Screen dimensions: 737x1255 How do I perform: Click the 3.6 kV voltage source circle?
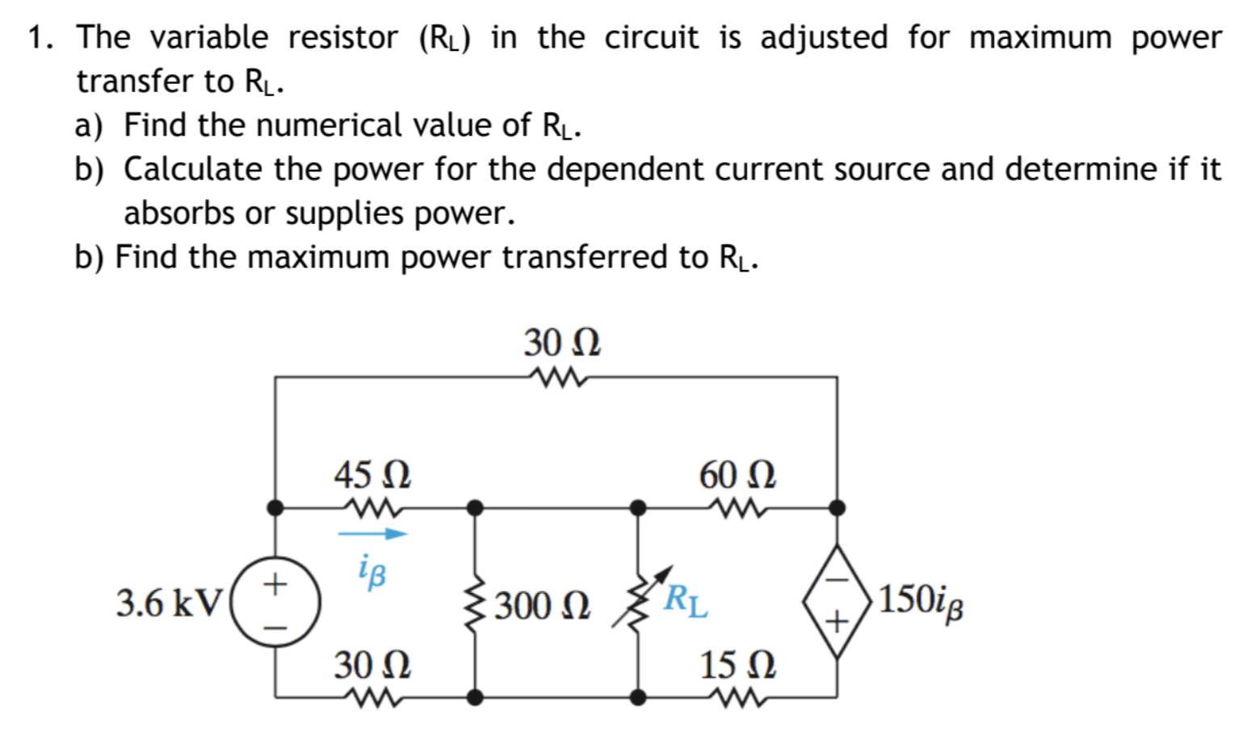pos(276,604)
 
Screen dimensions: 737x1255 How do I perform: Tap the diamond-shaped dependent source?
pos(837,602)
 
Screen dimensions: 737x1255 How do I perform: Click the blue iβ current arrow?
pos(372,533)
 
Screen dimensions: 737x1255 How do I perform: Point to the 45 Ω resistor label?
pos(372,475)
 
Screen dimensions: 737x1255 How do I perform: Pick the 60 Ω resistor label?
pos(737,475)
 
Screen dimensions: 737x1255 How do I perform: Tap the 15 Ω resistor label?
pos(737,665)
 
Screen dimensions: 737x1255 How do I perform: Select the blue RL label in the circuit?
pos(686,600)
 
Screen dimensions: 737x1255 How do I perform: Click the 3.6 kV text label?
pos(168,603)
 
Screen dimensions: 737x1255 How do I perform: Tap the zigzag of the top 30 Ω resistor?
pos(557,377)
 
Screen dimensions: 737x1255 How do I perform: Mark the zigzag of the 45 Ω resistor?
pos(372,508)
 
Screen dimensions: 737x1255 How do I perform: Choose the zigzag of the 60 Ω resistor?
pos(737,508)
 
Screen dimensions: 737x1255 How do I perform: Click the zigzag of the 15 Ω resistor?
pos(737,697)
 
